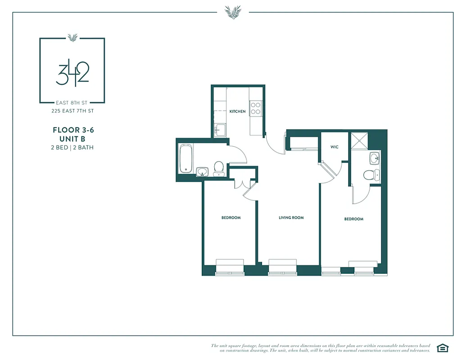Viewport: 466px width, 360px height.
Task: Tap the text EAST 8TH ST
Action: [72, 103]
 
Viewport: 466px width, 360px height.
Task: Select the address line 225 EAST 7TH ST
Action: [72, 111]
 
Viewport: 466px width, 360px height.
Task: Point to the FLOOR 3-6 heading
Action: [73, 130]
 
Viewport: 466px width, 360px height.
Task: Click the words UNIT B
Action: [72, 139]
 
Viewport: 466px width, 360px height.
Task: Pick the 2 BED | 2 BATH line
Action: [72, 147]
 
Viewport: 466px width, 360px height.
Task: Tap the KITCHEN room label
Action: [237, 111]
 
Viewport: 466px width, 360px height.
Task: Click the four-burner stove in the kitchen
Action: [255, 108]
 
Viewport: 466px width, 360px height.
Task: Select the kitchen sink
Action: [220, 130]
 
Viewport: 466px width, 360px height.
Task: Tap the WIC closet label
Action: [334, 147]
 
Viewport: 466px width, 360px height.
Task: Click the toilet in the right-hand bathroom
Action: [369, 175]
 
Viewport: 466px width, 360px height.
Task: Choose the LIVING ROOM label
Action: [291, 218]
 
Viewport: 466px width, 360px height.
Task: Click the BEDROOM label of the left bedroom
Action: [231, 218]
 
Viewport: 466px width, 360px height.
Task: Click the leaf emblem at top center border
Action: [233, 12]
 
